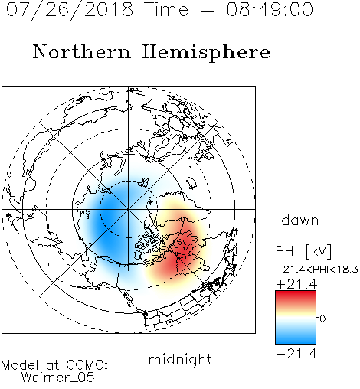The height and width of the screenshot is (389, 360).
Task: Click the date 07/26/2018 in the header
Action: point(70,10)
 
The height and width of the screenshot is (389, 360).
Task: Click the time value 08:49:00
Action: point(270,9)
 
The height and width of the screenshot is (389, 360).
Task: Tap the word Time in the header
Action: point(166,9)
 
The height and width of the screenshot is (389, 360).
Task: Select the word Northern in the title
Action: point(82,51)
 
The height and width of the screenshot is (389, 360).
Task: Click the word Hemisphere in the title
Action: point(206,53)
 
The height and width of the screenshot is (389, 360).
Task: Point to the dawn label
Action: point(300,220)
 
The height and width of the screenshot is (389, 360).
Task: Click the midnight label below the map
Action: point(180,359)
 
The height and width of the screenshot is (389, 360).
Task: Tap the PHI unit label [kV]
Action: point(318,251)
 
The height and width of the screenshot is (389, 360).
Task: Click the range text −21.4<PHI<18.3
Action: point(317,270)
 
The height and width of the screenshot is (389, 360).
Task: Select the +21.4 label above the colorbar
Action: point(296,284)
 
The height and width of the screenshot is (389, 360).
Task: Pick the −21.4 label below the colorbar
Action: point(296,354)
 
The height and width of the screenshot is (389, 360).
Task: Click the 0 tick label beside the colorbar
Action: point(322,319)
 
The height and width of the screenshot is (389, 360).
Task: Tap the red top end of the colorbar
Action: point(296,294)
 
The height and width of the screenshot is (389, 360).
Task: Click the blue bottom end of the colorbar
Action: point(296,341)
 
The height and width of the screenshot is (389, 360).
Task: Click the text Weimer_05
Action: point(58,378)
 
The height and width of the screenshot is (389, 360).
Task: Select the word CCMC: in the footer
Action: point(87,365)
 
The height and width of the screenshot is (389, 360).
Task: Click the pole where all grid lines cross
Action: point(129,209)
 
